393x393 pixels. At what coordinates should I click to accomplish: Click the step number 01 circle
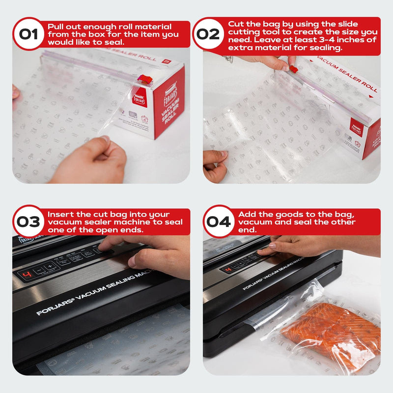[x=28, y=34]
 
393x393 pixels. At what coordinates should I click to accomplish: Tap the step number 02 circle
[x=208, y=34]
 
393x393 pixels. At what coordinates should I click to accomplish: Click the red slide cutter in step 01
[x=144, y=79]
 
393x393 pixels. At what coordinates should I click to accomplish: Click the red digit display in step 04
[x=228, y=269]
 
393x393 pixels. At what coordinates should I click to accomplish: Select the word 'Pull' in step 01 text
[x=56, y=27]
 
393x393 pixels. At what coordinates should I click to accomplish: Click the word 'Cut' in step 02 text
[x=236, y=24]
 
